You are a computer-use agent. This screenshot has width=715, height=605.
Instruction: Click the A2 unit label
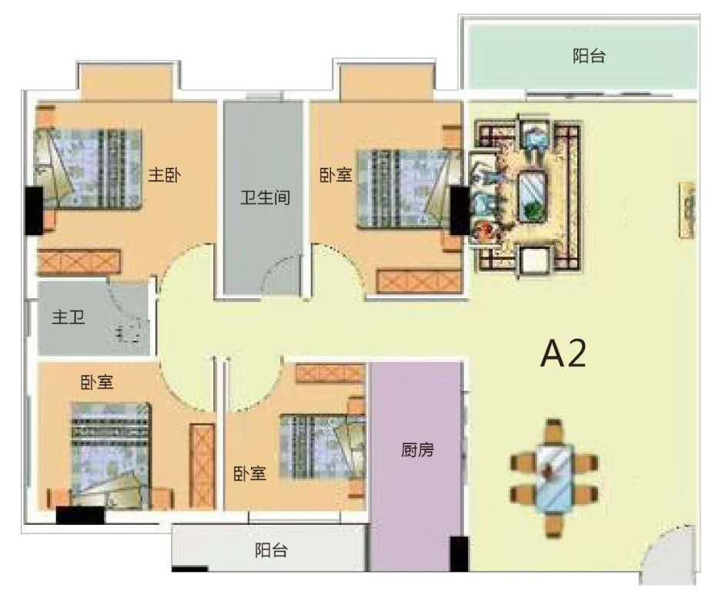coord(563,355)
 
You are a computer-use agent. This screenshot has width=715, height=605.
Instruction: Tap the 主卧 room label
coord(164,175)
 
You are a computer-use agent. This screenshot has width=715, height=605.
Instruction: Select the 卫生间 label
coord(266,198)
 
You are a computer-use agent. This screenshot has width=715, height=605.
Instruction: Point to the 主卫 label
coord(68,317)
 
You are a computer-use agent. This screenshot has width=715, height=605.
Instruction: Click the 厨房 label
coord(417,450)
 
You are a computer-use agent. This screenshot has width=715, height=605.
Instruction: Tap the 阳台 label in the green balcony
coord(589,55)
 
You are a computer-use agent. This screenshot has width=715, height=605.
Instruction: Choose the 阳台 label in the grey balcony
coord(272,550)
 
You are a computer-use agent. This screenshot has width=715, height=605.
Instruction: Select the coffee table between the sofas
coord(533,197)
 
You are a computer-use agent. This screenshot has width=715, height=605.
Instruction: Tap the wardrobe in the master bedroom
coord(79,261)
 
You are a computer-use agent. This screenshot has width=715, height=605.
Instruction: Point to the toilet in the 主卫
coord(130,332)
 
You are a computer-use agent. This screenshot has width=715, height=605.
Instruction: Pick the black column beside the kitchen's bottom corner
coord(459,553)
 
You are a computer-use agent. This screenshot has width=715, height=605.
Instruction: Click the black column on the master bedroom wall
coord(34,210)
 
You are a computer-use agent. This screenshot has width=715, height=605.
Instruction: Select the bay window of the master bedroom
coord(127,82)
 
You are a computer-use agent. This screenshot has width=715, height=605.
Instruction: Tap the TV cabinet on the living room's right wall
coord(687,210)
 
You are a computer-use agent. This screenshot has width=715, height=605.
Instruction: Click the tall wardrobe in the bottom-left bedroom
coord(202,466)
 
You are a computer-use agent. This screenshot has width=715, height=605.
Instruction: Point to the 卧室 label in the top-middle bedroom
coord(336,175)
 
